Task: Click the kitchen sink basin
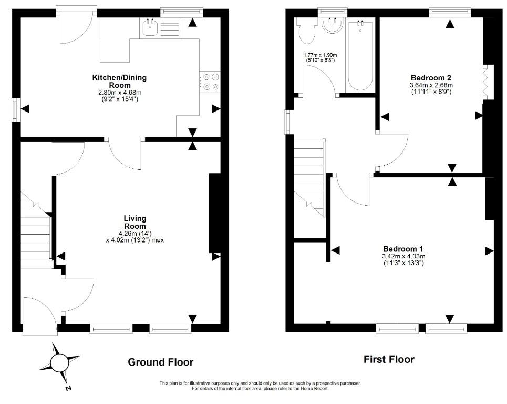pyautogui.click(x=150, y=27)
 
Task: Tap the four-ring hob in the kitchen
pyautogui.click(x=210, y=82)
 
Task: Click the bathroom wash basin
pyautogui.click(x=334, y=26)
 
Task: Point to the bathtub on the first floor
pyautogui.click(x=360, y=55)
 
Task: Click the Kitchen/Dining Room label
pyautogui.click(x=120, y=81)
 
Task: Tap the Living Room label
pyautogui.click(x=135, y=222)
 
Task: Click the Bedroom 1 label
pyautogui.click(x=403, y=249)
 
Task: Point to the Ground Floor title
pyautogui.click(x=161, y=362)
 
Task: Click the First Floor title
pyautogui.click(x=389, y=359)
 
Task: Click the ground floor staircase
pyautogui.click(x=36, y=230)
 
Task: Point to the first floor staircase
pyautogui.click(x=309, y=178)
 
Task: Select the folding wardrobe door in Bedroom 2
pyautogui.click(x=485, y=82)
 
